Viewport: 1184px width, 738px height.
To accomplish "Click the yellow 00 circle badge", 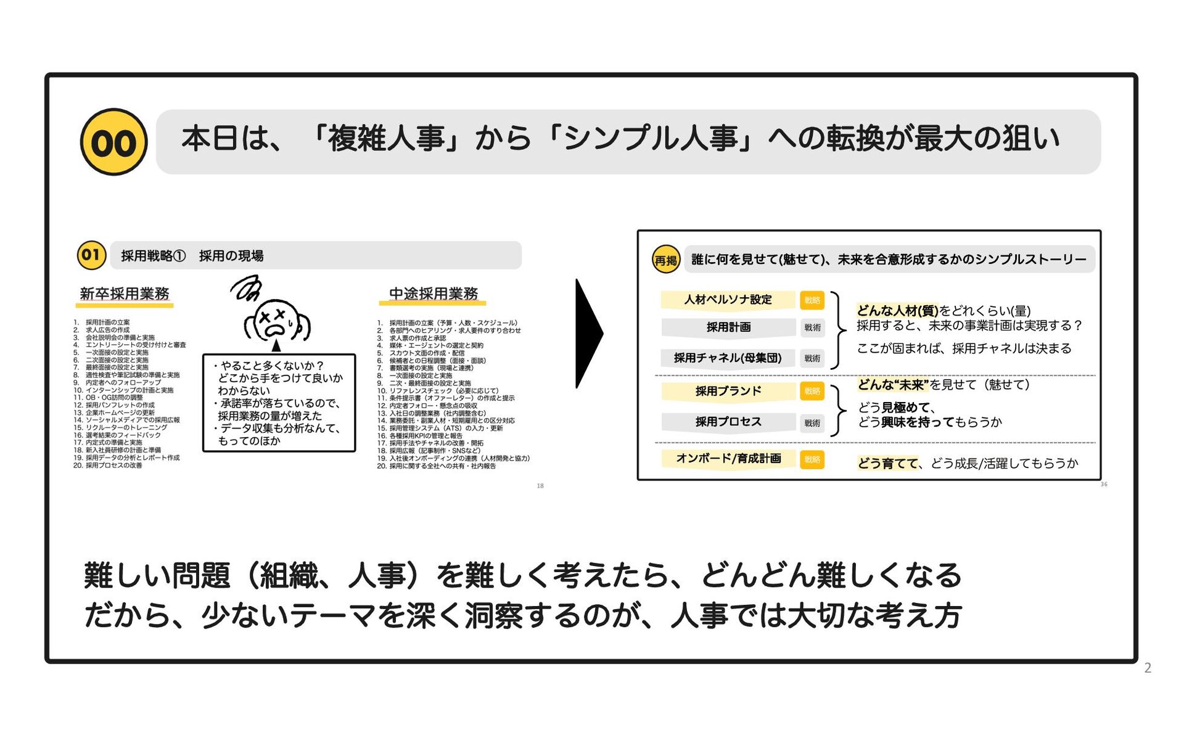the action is pos(114,142).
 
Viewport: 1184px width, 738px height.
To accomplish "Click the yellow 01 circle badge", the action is pos(91,255).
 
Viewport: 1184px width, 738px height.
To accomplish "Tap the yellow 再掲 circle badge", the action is pos(666,260).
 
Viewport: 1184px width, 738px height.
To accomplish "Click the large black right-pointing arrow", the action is pos(588,334).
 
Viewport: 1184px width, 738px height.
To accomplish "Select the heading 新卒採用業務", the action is pos(125,294).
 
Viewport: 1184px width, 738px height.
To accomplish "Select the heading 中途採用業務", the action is pos(433,294).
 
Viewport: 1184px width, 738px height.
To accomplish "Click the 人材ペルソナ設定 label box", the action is pos(728,300).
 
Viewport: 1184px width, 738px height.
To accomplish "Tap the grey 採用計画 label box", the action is pos(728,327).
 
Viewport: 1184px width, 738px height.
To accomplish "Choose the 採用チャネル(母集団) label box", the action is pos(728,358).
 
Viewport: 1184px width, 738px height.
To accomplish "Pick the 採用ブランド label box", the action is pos(728,391).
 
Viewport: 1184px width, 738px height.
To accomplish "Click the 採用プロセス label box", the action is pos(728,422).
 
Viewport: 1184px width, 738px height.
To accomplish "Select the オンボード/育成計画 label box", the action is pos(728,459).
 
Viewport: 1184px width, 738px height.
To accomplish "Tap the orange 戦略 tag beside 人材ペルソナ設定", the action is pos(812,300).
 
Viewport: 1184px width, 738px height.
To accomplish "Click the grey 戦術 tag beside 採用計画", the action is pos(812,327).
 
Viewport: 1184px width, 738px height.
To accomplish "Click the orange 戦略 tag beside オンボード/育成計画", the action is pos(812,459).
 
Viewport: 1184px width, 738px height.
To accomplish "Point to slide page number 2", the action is pos(1148,668).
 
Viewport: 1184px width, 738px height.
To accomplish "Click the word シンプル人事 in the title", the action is pos(651,138).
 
